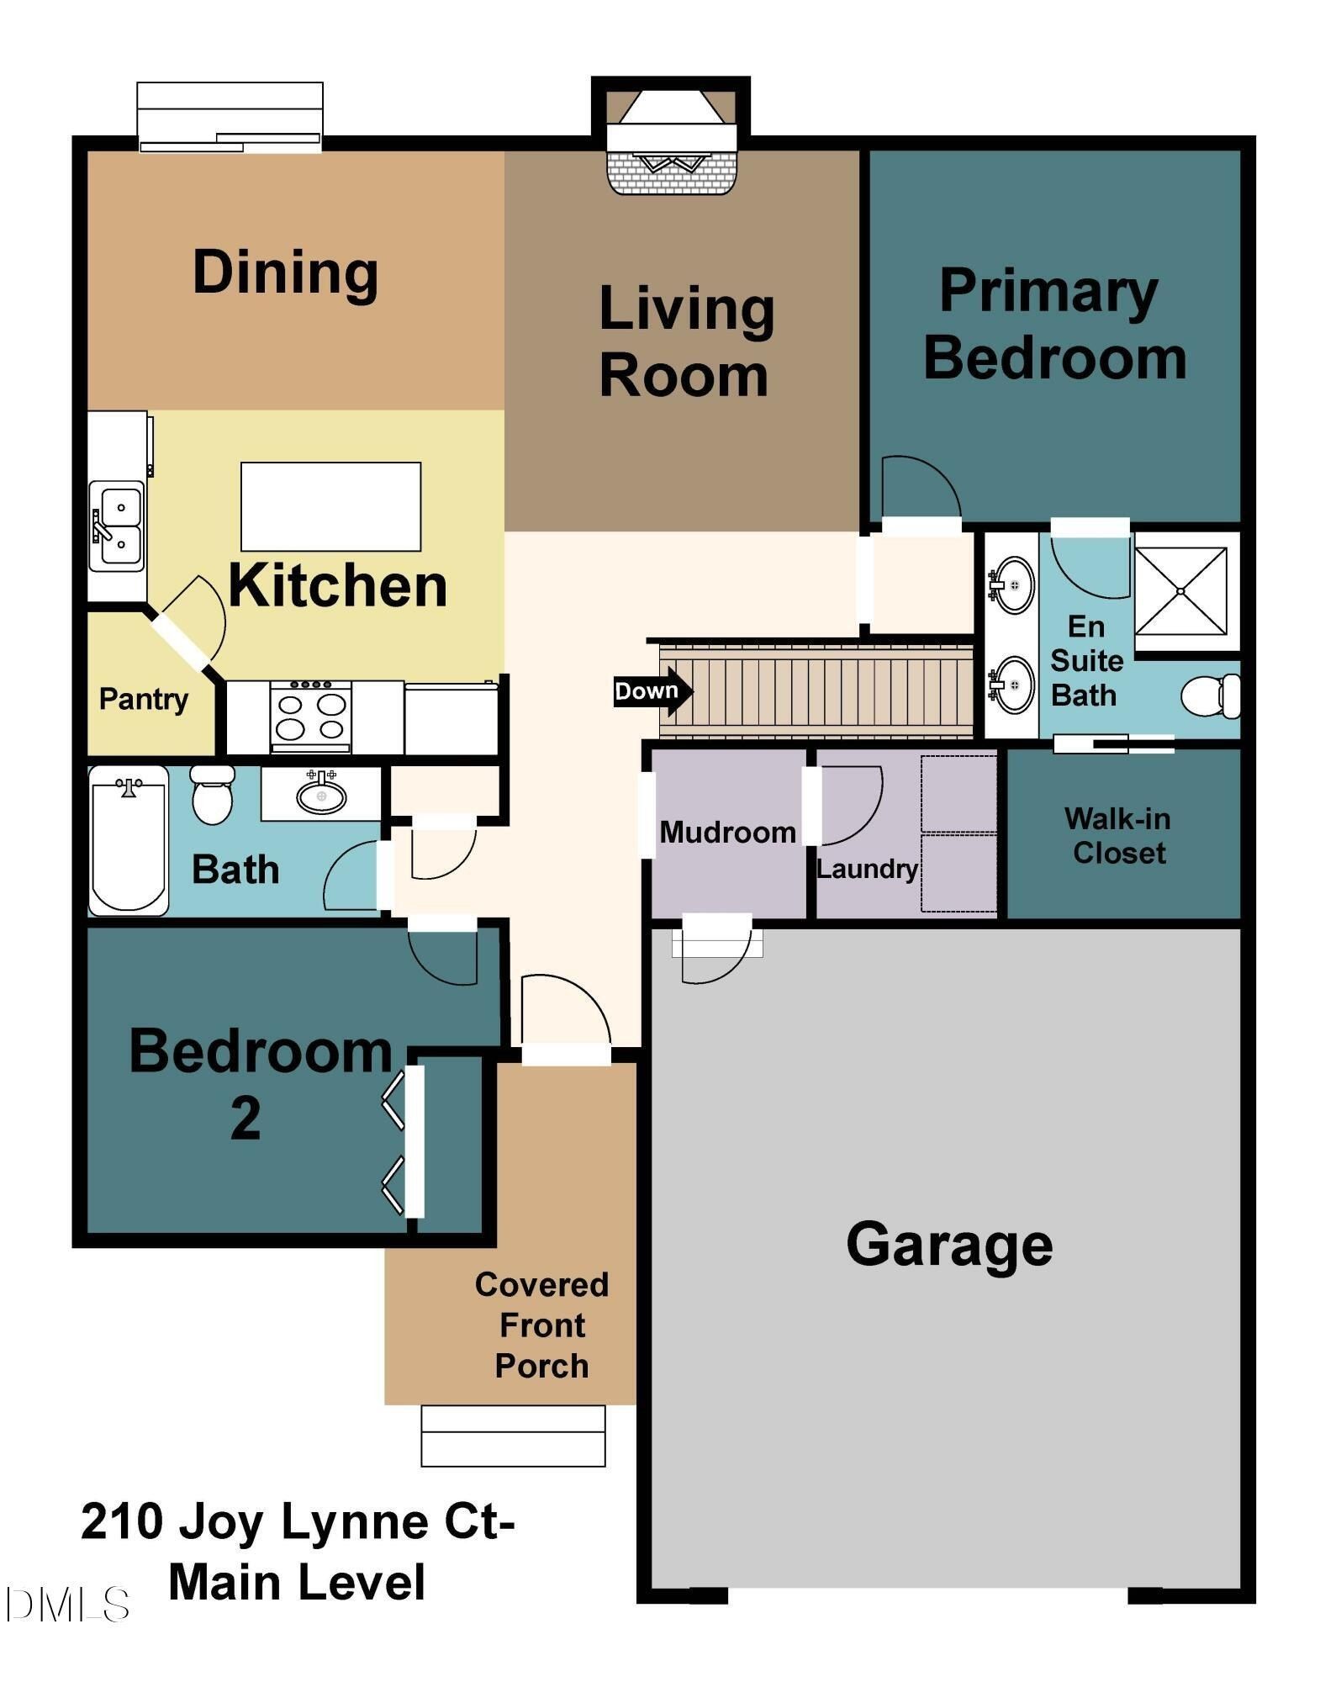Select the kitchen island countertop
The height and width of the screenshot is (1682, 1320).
pos(330,506)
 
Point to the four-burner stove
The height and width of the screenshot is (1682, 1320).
pos(311,717)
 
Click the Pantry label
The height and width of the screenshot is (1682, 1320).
pos(143,699)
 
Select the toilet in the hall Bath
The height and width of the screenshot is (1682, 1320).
pos(212,796)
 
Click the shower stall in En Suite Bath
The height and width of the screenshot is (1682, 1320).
pos(1180,590)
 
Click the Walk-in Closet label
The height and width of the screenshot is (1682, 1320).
pos(1118,836)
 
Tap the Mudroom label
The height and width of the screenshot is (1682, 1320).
pos(727,833)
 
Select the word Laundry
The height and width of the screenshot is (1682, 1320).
pos(867,869)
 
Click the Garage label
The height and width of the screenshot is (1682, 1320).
pos(948,1245)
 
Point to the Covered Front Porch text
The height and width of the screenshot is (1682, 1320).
pos(541,1325)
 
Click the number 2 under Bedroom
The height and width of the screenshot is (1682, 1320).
pos(246,1119)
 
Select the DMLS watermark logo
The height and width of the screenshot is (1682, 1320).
pos(67,1605)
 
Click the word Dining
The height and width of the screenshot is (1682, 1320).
pos(285,272)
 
